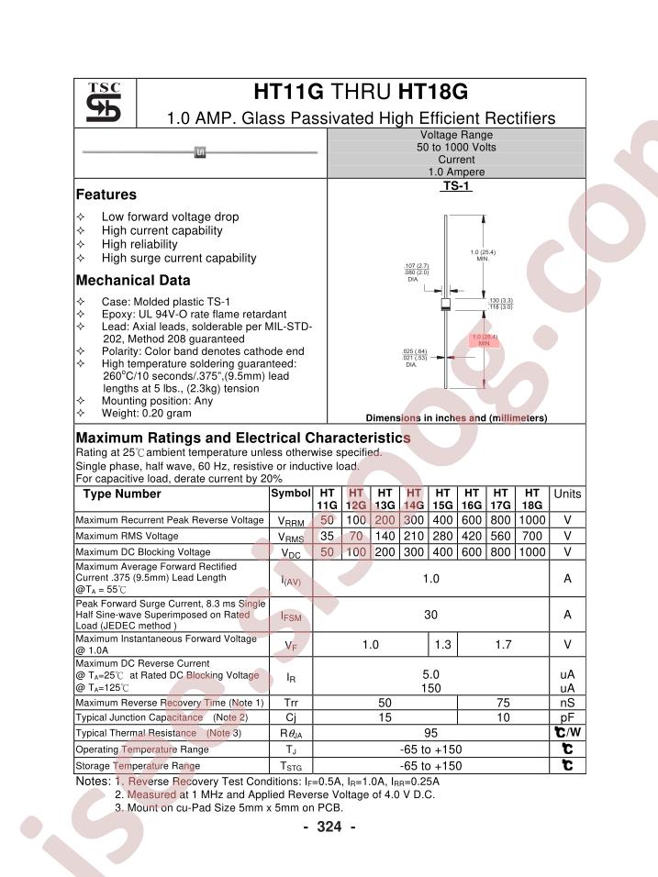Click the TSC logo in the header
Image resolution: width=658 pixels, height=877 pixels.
click(x=104, y=104)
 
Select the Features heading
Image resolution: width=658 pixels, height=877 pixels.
click(x=106, y=194)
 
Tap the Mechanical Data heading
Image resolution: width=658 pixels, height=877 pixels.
click(x=133, y=281)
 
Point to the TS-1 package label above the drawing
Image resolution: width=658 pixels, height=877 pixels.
click(x=456, y=185)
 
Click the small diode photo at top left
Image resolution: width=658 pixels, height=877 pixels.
click(x=199, y=152)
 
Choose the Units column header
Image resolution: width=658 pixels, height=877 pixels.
click(x=567, y=494)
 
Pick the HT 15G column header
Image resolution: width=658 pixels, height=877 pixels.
click(x=441, y=499)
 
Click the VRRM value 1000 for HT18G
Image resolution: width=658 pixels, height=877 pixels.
click(x=530, y=520)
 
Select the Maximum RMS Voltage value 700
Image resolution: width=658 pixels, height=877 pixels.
click(x=530, y=536)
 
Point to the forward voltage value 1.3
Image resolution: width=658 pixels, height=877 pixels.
click(x=442, y=646)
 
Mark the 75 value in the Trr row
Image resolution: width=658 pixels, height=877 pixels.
click(x=502, y=703)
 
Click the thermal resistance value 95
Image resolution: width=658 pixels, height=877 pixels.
click(x=430, y=733)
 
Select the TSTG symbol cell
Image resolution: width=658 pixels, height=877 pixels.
click(x=290, y=765)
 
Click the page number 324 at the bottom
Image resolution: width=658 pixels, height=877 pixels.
click(x=329, y=827)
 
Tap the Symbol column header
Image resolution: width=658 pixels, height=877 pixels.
click(x=290, y=494)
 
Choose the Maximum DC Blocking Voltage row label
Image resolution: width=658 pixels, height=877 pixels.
click(x=143, y=552)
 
